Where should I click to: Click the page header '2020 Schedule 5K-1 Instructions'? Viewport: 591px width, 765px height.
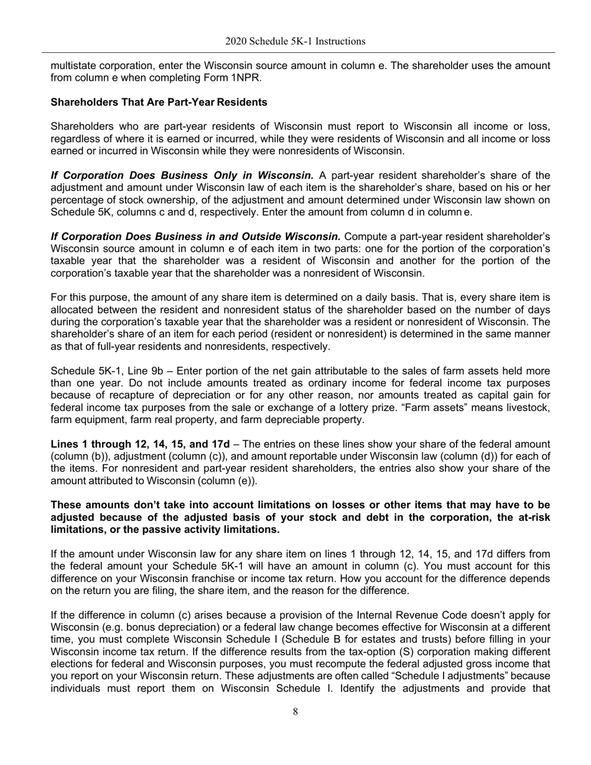pyautogui.click(x=295, y=42)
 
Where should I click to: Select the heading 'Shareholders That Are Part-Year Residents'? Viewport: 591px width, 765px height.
pyautogui.click(x=159, y=101)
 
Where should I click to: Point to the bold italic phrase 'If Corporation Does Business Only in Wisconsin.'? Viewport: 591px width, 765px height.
pyautogui.click(x=182, y=175)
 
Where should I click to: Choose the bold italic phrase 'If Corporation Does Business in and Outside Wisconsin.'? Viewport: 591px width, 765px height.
pyautogui.click(x=195, y=236)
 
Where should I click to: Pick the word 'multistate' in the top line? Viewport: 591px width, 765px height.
pyautogui.click(x=73, y=66)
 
